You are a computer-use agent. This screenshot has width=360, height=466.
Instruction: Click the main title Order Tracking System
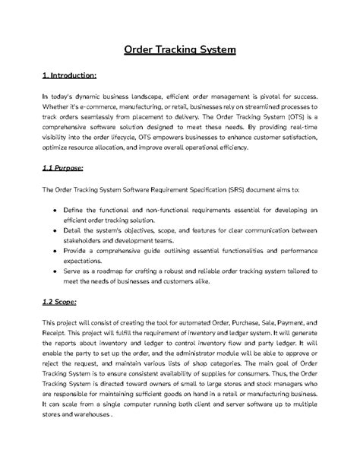180,51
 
